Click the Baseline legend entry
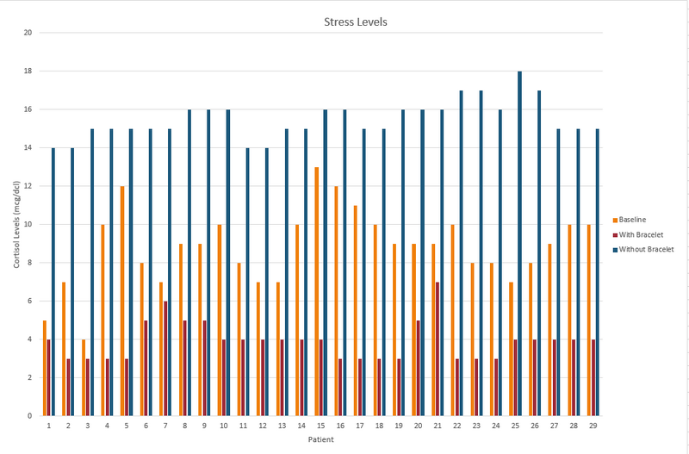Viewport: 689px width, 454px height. coord(632,219)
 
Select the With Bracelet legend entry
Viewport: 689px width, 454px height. coord(636,234)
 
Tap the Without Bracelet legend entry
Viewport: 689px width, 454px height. coord(642,250)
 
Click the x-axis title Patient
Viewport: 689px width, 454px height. coord(321,440)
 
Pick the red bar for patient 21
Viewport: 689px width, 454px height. coord(438,349)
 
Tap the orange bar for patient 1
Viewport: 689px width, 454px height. coord(45,368)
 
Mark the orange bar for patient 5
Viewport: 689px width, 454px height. coord(122,301)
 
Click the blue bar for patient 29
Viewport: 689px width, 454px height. coord(598,272)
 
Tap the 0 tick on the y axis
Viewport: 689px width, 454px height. coord(30,416)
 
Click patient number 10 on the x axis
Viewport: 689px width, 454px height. coord(224,426)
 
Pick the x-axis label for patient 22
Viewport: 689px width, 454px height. coord(457,426)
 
